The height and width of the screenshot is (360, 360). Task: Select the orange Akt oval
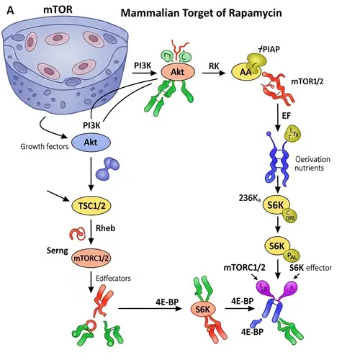coord(176,72)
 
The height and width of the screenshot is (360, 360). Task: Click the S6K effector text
coord(319,269)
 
